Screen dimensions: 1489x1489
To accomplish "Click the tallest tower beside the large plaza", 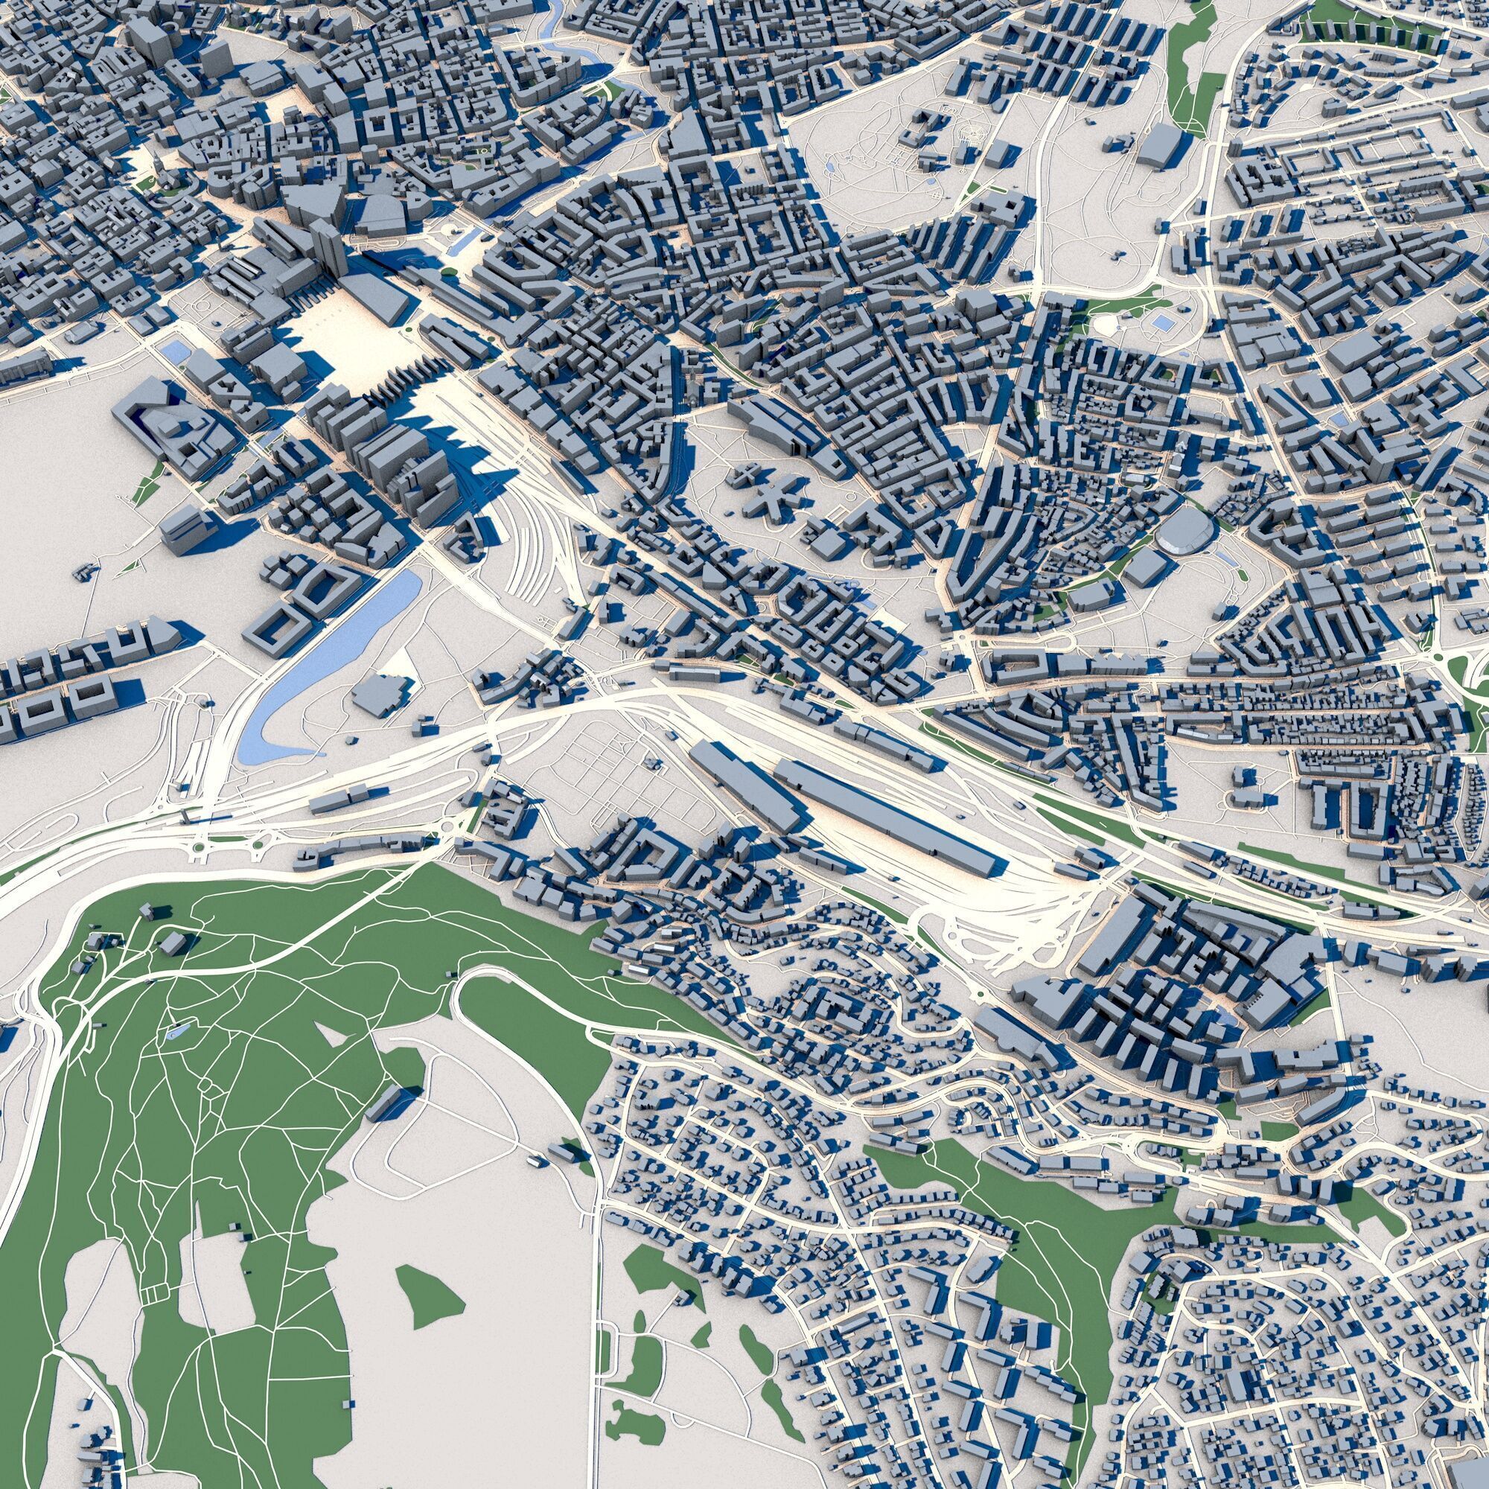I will (328, 246).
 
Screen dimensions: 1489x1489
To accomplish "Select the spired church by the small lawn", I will (158, 166).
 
